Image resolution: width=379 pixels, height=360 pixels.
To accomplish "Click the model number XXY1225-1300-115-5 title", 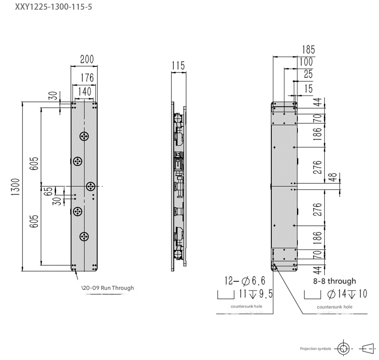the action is (x=53, y=7).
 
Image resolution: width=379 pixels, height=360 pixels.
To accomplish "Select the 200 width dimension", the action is (x=87, y=59).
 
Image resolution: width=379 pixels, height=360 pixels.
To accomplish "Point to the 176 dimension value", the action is (x=87, y=78).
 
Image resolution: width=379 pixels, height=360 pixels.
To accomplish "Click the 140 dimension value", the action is (x=84, y=91).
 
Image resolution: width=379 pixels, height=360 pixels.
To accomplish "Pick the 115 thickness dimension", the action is (x=178, y=65).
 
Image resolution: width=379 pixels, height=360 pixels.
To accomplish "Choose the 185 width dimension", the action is (x=309, y=50).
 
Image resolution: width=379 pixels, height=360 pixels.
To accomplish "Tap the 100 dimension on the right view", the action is (x=306, y=62).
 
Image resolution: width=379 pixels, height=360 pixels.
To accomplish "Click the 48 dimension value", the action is (x=333, y=177).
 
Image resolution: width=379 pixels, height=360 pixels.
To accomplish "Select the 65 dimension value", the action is (x=49, y=191).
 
